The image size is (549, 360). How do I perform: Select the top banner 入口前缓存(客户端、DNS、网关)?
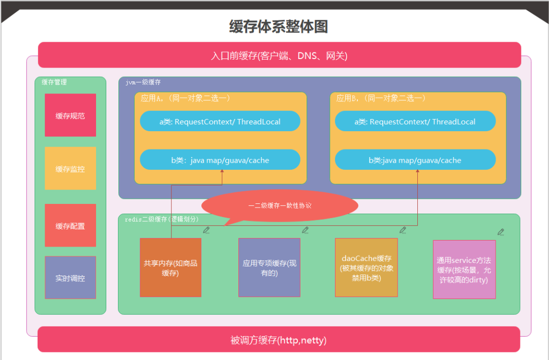(279, 55)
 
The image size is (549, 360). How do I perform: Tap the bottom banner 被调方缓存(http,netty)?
(279, 340)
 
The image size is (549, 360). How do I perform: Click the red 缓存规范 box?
(70, 115)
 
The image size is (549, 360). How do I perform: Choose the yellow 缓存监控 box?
(70, 169)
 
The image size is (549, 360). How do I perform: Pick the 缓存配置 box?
(70, 226)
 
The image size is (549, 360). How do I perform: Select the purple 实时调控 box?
(70, 278)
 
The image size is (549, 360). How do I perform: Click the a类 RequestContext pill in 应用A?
(220, 122)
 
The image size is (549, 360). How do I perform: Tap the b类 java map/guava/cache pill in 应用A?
(220, 160)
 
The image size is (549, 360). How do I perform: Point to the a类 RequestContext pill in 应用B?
(415, 122)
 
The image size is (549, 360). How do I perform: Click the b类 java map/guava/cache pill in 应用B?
(415, 160)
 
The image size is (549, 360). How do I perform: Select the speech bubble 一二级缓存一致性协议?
(280, 206)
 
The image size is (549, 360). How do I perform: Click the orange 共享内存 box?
(170, 268)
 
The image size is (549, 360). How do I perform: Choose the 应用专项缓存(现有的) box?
(269, 268)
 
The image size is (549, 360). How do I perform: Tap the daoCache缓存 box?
(366, 267)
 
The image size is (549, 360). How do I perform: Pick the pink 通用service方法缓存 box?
(464, 269)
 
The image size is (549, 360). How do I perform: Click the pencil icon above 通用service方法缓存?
(501, 232)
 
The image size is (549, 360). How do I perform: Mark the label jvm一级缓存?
(143, 82)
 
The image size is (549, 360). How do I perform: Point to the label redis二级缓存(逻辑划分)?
(162, 219)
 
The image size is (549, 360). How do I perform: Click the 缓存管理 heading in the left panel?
(54, 82)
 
